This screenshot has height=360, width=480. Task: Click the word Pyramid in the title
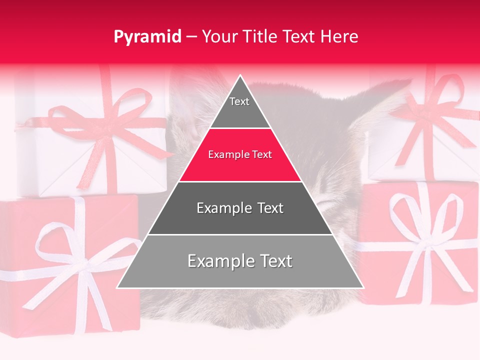[x=147, y=36]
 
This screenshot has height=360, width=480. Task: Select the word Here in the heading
[x=339, y=36]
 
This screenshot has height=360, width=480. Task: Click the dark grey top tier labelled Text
[x=239, y=107]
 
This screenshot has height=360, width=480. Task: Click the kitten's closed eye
[x=327, y=202]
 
